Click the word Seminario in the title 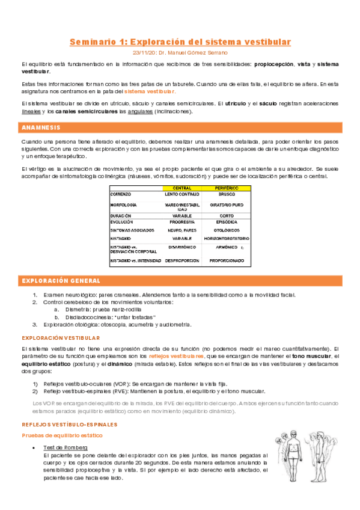pos(90,42)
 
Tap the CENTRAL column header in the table pos(178,188)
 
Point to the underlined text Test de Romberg pos(66,448)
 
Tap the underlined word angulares pos(140,111)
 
